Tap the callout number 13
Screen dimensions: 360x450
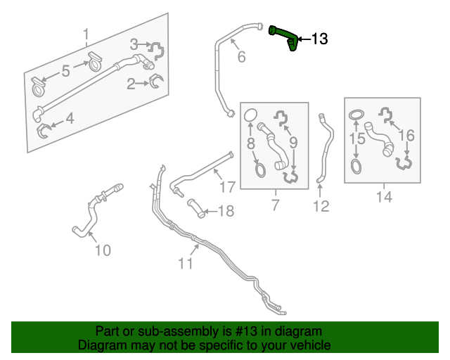tap(319, 39)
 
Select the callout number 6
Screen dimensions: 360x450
tap(241, 57)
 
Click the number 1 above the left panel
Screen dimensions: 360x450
tap(86, 34)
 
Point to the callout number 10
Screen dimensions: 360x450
tap(103, 250)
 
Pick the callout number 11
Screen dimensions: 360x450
tap(185, 264)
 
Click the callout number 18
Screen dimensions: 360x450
tap(226, 211)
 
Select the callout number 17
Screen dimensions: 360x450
tap(226, 187)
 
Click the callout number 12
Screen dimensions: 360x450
tap(321, 206)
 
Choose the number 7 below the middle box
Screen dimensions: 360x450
tap(274, 205)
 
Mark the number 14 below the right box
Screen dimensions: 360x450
tap(383, 198)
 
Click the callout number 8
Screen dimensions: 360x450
tap(250, 144)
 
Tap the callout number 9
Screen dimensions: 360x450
tap(294, 143)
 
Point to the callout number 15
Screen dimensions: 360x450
tap(356, 139)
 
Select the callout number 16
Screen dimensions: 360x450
tap(406, 135)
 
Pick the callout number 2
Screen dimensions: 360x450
tap(131, 84)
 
